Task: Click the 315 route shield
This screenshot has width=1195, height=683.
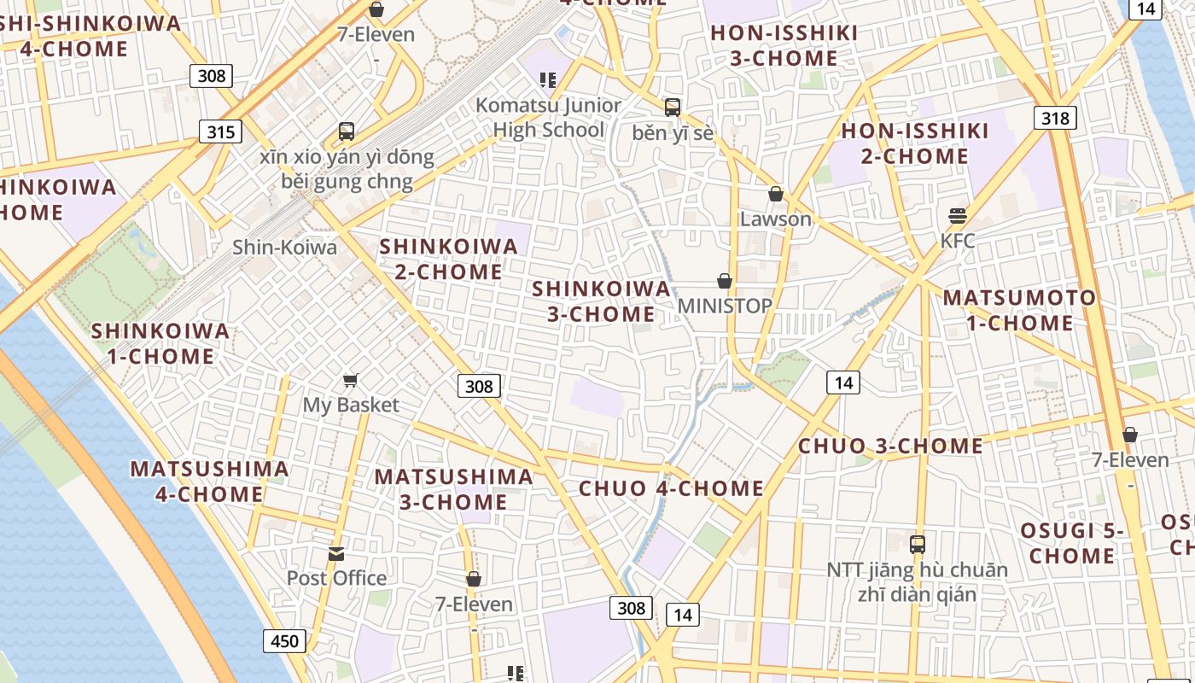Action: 220,131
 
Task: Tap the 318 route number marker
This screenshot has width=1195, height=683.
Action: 1055,118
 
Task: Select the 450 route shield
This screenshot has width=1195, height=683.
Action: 284,641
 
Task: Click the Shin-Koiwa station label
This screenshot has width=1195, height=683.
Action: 284,248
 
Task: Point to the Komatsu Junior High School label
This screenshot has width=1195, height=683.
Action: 548,118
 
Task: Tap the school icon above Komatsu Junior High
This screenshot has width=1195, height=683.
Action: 548,80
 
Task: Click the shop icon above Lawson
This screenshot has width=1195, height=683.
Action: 775,194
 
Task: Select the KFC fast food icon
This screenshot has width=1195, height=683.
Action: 957,215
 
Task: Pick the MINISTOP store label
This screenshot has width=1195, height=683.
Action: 725,306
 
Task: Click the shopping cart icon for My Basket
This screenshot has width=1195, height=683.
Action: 350,380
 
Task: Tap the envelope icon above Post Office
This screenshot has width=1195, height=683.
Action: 336,554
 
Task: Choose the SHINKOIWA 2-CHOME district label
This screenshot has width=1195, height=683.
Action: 448,259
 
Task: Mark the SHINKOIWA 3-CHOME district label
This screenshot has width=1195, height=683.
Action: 601,301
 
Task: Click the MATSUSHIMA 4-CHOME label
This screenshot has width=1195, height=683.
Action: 209,481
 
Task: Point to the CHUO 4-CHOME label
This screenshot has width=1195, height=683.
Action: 671,488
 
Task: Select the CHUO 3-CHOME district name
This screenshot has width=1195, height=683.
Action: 890,446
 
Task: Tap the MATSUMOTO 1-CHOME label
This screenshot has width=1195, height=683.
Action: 1019,310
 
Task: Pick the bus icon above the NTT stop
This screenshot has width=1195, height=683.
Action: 917,544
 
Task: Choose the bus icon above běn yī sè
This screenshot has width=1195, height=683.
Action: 673,108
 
